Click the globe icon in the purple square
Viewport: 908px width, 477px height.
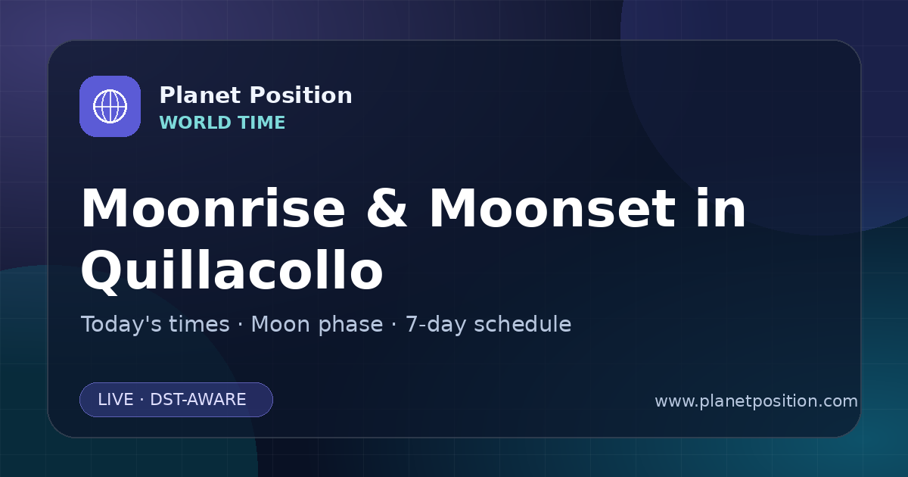110,106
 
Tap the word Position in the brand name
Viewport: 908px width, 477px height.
301,95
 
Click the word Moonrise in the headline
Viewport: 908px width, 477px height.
213,208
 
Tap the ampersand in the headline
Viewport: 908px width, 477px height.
387,208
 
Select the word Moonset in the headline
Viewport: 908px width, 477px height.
552,208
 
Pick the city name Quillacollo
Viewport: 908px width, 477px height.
232,271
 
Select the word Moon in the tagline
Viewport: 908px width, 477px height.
281,325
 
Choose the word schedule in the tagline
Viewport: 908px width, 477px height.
523,325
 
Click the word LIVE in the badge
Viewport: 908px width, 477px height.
116,400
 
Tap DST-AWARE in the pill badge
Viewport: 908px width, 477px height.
198,400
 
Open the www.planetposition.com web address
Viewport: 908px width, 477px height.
757,401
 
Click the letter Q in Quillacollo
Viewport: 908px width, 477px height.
101,271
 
